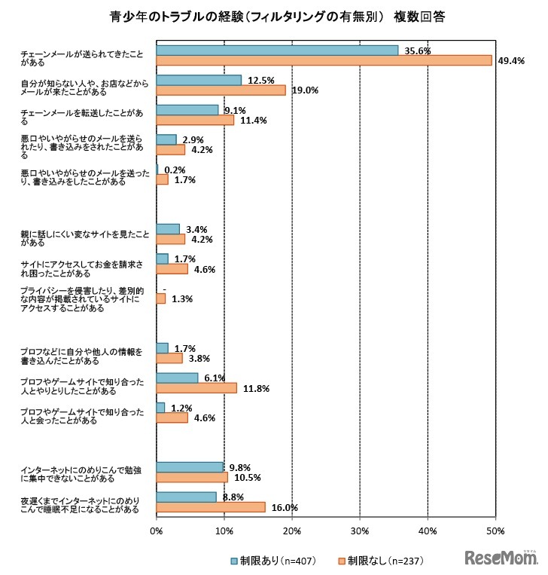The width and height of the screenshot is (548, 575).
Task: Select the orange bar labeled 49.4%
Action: pos(324,60)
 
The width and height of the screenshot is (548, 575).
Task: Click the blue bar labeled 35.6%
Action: pos(277,50)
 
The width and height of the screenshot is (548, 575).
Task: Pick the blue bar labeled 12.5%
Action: pos(199,80)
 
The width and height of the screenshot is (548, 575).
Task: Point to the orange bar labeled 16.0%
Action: pos(211,507)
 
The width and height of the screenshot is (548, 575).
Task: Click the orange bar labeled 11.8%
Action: pos(196,388)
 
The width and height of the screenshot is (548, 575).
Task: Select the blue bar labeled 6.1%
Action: pos(177,378)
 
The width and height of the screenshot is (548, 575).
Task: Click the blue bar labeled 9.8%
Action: pos(190,467)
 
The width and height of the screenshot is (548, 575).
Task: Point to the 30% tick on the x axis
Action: pos(360,533)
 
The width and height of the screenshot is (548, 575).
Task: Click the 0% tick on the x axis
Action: pos(156,533)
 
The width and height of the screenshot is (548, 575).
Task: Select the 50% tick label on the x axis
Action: pos(495,533)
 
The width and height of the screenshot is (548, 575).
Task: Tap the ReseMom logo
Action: pos(501,558)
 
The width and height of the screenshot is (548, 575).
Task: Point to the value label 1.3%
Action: pos(182,299)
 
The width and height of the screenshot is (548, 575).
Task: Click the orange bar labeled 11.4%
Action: pos(195,120)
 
